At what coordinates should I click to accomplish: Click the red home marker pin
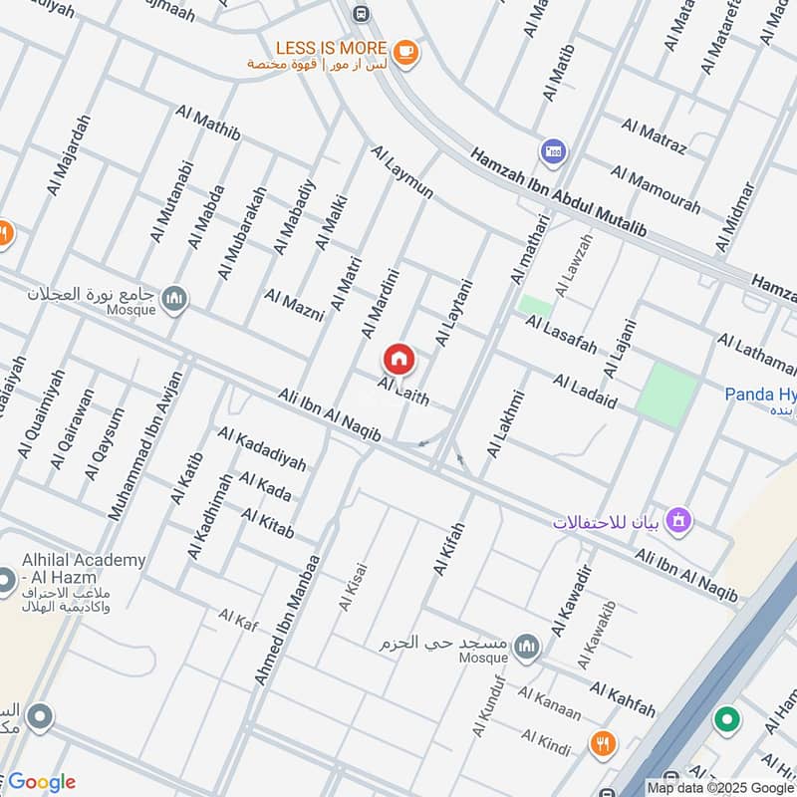pyautogui.click(x=398, y=358)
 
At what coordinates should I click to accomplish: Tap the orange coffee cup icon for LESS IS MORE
pyautogui.click(x=403, y=51)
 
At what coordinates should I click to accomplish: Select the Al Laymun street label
pyautogui.click(x=401, y=171)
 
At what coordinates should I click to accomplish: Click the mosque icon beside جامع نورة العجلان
pyautogui.click(x=175, y=298)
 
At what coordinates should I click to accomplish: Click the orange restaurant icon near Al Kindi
pyautogui.click(x=601, y=742)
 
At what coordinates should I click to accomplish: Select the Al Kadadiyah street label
pyautogui.click(x=262, y=449)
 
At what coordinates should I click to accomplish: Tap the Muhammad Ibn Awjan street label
pyautogui.click(x=146, y=445)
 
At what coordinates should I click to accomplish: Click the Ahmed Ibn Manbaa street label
pyautogui.click(x=287, y=619)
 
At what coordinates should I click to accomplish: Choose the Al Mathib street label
pyautogui.click(x=208, y=125)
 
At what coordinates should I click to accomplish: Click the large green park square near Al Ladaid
pyautogui.click(x=667, y=394)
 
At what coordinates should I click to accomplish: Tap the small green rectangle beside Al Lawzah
pyautogui.click(x=535, y=305)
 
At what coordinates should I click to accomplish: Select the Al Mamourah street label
pyautogui.click(x=655, y=189)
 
